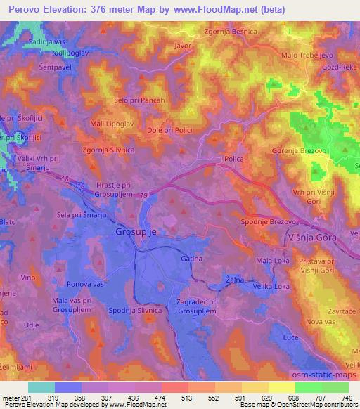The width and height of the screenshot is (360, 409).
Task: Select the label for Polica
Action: point(233,160)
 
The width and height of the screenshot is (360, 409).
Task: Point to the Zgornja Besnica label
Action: point(230,32)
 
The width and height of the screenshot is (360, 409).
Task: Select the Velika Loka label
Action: point(272,287)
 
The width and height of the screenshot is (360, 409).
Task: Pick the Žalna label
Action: point(235,280)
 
